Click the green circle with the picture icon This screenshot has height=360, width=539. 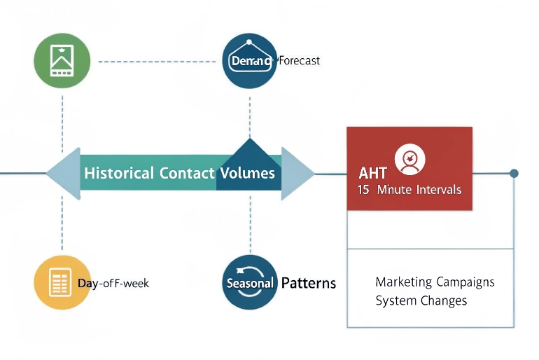click(x=62, y=61)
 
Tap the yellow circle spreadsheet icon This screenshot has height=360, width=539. click(x=62, y=283)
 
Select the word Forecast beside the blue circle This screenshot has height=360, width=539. click(x=299, y=61)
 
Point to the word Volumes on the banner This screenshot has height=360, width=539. click(x=248, y=172)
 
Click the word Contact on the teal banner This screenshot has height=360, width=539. click(x=187, y=172)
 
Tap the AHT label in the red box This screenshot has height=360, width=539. click(x=372, y=173)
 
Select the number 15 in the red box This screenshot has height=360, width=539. click(x=363, y=190)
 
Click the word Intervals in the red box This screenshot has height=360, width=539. click(x=438, y=190)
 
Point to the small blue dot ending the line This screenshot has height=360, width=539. click(x=514, y=173)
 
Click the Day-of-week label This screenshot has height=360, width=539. click(x=113, y=284)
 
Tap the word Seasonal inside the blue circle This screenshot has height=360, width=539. click(x=249, y=284)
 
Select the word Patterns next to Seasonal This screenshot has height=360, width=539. click(x=308, y=284)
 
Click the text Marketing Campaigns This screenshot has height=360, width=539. click(x=435, y=282)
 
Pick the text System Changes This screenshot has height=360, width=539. click(x=421, y=301)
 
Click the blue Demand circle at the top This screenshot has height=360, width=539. click(x=250, y=61)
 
